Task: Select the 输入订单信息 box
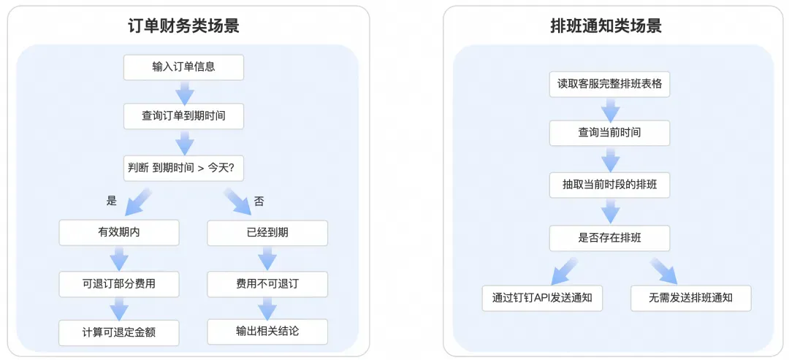click(183, 67)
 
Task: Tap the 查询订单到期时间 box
click(183, 116)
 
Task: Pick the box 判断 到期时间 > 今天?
click(183, 168)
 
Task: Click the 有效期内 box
click(119, 233)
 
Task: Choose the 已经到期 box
click(267, 233)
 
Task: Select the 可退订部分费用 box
click(119, 284)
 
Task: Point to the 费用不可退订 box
click(267, 284)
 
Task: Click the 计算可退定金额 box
click(119, 333)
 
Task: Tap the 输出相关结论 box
click(267, 332)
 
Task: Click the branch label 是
click(112, 201)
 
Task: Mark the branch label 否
click(259, 202)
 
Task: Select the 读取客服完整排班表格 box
click(609, 85)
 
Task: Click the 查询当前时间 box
click(609, 133)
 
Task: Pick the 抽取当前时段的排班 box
click(609, 186)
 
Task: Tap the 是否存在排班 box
click(609, 238)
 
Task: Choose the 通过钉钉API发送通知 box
click(542, 298)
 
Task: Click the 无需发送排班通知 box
click(691, 298)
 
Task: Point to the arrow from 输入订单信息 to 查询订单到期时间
click(185, 92)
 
